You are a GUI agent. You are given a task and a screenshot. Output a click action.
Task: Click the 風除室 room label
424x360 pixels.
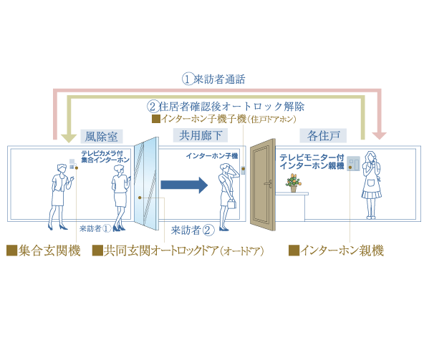tap(102, 136)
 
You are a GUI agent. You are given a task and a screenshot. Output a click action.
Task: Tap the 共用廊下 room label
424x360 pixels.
tap(201, 135)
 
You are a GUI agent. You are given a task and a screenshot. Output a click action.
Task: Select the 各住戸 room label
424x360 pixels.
tap(323, 135)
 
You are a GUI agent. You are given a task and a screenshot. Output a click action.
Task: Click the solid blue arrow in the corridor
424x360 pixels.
tap(184, 185)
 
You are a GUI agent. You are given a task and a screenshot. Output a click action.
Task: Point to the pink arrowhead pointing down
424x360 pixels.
tap(379, 136)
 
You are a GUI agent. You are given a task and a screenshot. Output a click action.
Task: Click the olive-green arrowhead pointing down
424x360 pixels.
tap(69, 139)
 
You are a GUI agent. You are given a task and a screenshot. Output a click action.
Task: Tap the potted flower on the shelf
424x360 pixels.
tap(294, 183)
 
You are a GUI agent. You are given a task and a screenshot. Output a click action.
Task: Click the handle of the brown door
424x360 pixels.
tap(268, 183)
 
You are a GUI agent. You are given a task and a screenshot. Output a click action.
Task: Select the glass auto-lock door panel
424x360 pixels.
tap(146, 184)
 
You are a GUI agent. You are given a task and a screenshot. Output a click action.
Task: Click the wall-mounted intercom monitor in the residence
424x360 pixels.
tap(353, 163)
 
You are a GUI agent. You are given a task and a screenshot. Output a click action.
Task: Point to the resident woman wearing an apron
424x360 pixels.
tap(372, 185)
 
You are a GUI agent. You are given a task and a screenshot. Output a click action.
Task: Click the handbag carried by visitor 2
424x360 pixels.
tap(232, 203)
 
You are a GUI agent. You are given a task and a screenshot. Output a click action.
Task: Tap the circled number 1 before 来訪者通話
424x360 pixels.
tap(188, 79)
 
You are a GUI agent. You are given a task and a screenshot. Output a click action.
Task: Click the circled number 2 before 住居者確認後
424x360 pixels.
tap(153, 107)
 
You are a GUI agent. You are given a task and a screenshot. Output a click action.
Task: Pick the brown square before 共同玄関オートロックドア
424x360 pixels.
tap(97, 250)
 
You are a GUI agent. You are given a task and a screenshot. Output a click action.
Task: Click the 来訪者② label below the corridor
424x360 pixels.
tap(193, 230)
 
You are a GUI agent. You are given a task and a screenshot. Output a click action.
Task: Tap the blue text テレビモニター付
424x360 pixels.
tap(312, 157)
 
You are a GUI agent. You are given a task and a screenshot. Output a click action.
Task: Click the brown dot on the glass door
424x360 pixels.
tap(140, 198)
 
